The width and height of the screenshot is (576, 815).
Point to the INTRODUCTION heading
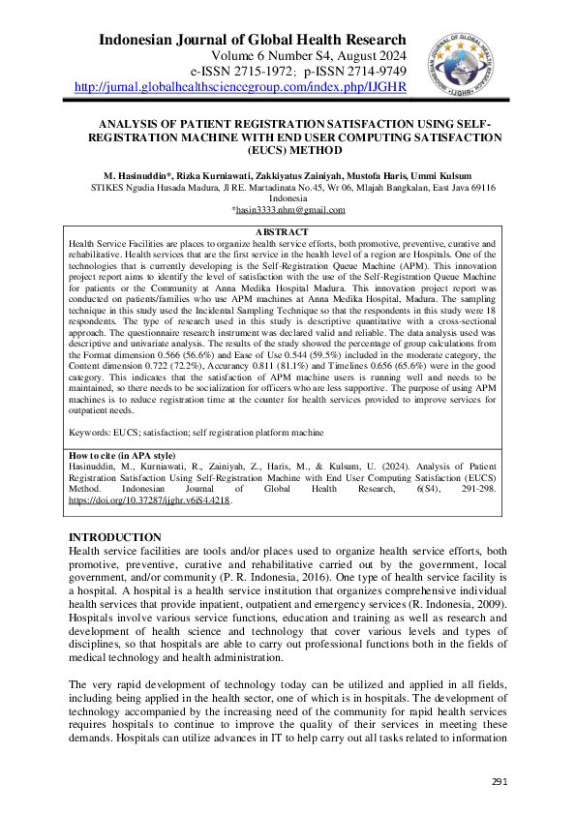[x=115, y=537]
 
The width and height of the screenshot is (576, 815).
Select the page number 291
[x=500, y=781]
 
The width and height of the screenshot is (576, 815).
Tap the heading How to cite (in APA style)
[x=123, y=455]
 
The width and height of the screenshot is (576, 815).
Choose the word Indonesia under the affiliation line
[x=288, y=197]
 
